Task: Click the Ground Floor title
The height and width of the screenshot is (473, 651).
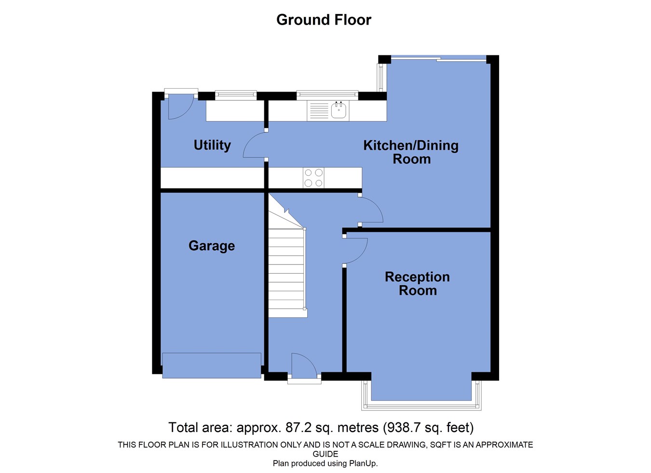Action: [x=324, y=20]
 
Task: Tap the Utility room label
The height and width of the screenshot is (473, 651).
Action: [x=212, y=145]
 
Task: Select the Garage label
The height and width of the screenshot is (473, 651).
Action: [x=212, y=246]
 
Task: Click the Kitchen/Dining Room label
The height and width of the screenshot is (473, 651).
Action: [x=411, y=152]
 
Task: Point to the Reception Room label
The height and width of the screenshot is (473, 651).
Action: [x=417, y=283]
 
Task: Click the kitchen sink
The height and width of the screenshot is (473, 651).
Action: [x=339, y=110]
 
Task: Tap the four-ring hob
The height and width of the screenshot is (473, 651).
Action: [x=313, y=178]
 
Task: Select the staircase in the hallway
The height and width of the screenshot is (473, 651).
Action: [x=286, y=270]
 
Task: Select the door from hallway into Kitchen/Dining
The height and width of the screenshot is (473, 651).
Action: [x=370, y=210]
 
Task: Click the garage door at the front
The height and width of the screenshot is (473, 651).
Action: [x=212, y=365]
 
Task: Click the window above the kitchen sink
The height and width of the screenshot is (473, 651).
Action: [x=327, y=94]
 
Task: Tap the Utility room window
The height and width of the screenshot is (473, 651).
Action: [x=236, y=95]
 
